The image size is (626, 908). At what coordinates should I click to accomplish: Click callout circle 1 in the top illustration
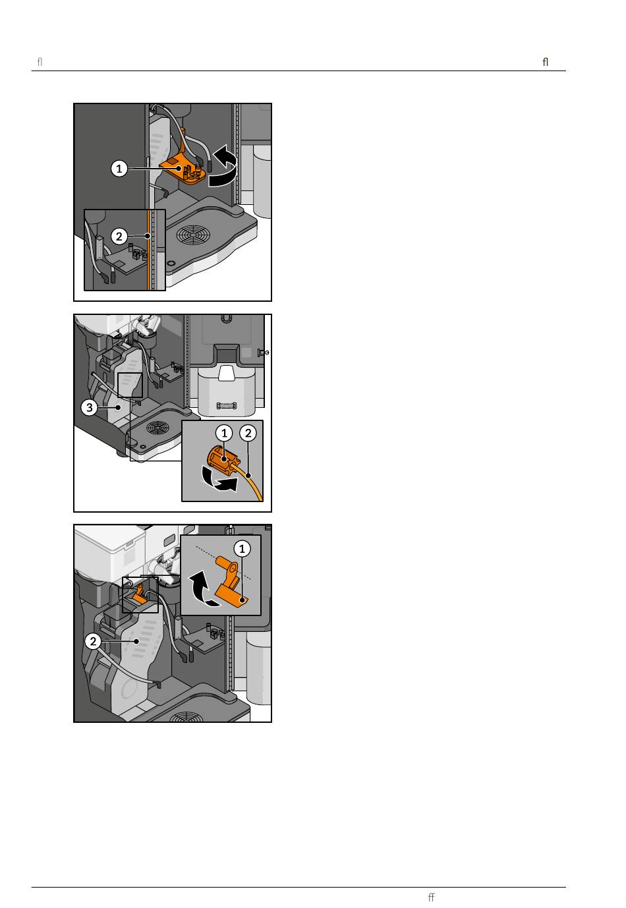(x=119, y=168)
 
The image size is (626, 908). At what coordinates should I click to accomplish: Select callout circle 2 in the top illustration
(x=119, y=237)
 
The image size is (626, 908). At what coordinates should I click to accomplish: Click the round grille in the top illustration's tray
(x=193, y=235)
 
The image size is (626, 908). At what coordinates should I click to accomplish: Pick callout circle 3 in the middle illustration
(x=89, y=407)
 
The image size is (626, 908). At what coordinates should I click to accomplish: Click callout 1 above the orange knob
(x=224, y=433)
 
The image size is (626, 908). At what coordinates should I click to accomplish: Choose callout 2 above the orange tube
(x=248, y=433)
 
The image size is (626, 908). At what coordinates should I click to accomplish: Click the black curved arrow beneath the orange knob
(x=219, y=480)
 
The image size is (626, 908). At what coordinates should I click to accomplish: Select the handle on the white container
(x=226, y=405)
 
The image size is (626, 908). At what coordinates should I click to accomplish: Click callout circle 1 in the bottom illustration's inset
(x=242, y=549)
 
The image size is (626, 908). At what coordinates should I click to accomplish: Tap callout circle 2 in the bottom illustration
(x=93, y=641)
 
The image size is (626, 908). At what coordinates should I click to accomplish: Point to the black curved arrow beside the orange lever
(x=204, y=589)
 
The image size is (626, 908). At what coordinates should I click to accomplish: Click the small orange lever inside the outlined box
(x=138, y=594)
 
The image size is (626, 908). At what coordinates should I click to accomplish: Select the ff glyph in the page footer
(x=431, y=897)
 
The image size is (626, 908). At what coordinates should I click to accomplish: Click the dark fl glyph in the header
(x=546, y=62)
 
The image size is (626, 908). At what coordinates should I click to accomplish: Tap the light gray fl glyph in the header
(x=40, y=62)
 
